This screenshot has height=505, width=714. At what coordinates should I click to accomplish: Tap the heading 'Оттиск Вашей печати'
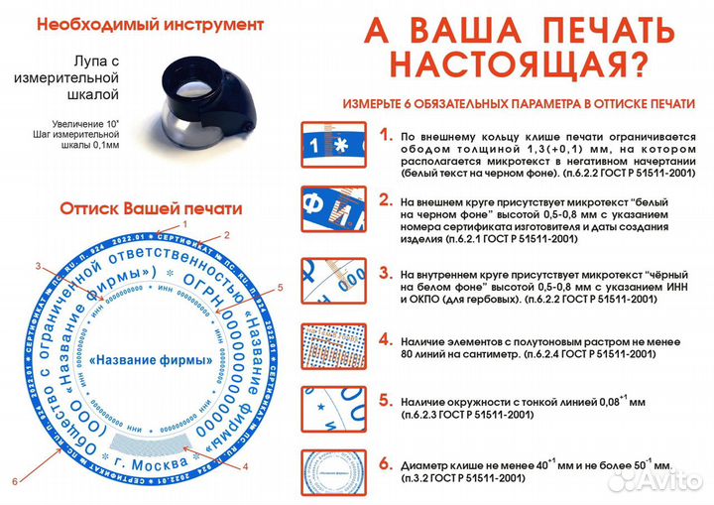click(151, 209)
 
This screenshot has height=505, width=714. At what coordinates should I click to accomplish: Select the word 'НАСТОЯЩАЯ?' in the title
click(521, 65)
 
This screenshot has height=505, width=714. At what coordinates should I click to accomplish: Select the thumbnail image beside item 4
click(330, 347)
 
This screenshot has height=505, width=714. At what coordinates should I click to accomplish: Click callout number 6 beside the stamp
click(15, 481)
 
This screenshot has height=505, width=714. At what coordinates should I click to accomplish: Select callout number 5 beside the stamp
click(281, 287)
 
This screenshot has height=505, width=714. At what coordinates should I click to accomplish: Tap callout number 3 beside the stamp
click(39, 266)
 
